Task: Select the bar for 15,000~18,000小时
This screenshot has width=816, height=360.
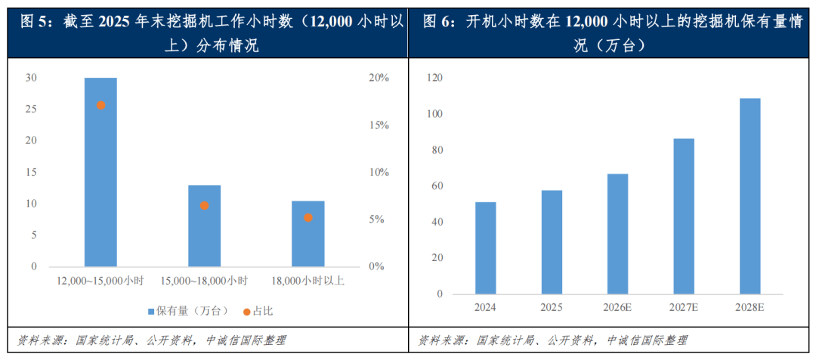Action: [x=204, y=226]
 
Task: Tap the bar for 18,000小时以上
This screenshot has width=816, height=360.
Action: [x=308, y=234]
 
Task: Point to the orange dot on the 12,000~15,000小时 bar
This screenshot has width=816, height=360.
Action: [x=100, y=105]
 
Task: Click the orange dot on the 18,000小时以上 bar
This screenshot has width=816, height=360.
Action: [x=308, y=217]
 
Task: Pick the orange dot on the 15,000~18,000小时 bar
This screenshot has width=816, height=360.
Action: [x=204, y=205]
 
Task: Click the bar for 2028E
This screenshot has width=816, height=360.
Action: [x=750, y=195]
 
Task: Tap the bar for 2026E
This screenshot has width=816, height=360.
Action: [x=618, y=233]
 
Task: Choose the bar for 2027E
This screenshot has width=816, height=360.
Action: [x=684, y=216]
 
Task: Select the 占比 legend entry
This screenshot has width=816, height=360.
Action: [x=253, y=311]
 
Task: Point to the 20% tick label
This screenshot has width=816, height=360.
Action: [x=379, y=78]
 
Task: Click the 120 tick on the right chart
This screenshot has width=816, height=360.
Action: [x=434, y=78]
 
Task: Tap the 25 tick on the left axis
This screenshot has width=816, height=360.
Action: [x=31, y=109]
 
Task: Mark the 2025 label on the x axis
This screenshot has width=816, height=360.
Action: [x=552, y=307]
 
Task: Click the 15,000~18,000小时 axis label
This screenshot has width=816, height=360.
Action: [x=204, y=281]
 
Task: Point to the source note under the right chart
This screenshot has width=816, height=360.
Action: [x=553, y=340]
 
